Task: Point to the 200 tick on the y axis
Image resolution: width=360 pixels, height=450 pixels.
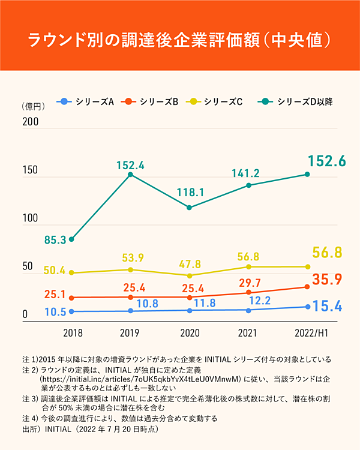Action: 31,122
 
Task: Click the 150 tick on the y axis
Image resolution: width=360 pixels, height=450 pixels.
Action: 31,170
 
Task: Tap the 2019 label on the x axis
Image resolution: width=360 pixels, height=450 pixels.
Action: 130,332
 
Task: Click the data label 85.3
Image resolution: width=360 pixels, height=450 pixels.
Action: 55,241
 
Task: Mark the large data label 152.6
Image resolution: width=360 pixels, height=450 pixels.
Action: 327,161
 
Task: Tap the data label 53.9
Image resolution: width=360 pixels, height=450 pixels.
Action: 132,258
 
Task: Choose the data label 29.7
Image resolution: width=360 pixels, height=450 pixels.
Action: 247,283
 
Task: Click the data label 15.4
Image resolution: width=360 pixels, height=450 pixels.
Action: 328,307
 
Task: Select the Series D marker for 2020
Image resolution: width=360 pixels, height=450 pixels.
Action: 190,208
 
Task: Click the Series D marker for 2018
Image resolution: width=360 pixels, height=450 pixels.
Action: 71,239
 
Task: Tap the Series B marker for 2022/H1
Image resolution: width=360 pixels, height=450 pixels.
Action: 307,287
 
